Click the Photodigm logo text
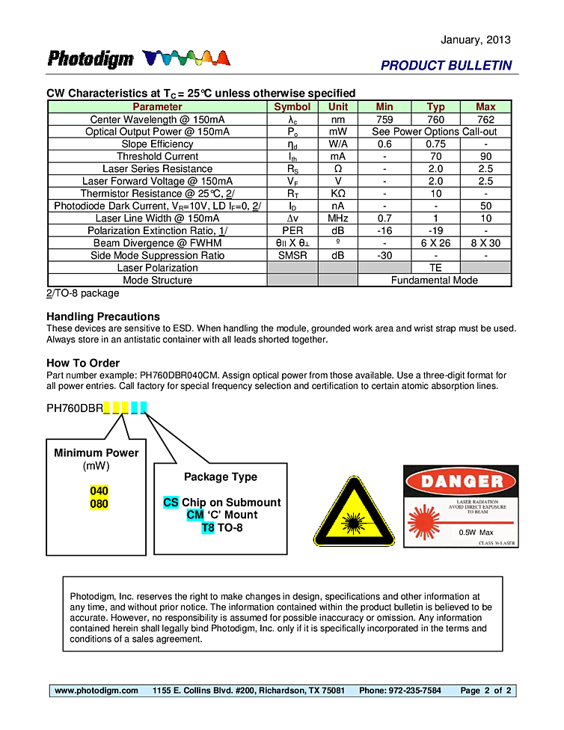click(x=91, y=59)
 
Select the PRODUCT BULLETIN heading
click(x=446, y=66)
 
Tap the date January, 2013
click(x=476, y=40)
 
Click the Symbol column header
click(x=292, y=107)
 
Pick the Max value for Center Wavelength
click(x=485, y=120)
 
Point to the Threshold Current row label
click(x=157, y=156)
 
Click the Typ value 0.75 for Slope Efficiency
click(x=435, y=144)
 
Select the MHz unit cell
click(x=338, y=218)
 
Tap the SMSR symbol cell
click(x=292, y=255)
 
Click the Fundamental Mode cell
click(x=435, y=280)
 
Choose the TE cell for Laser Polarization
click(x=435, y=268)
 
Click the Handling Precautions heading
click(x=103, y=316)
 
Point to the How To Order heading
click(x=83, y=364)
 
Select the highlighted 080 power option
click(x=99, y=504)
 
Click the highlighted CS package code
click(x=171, y=503)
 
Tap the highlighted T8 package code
click(x=208, y=528)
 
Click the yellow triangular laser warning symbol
click(x=354, y=514)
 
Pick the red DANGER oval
click(x=461, y=481)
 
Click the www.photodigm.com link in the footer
click(x=96, y=690)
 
